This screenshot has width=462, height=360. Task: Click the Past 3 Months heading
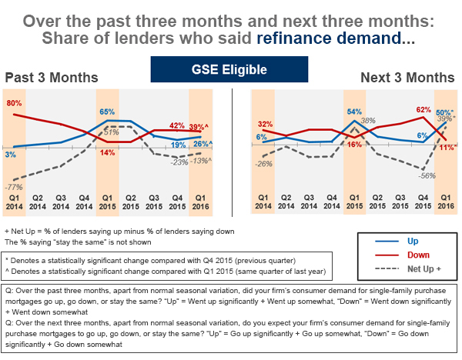coord(52,78)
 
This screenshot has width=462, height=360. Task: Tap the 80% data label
coord(13,103)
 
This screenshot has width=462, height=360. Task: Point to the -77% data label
coord(14,187)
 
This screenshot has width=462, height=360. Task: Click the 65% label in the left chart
coord(107,112)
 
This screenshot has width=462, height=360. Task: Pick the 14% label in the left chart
coord(107,152)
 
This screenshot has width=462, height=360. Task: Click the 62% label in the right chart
coord(423,111)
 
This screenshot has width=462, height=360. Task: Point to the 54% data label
coord(354,112)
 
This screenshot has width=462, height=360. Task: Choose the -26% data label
coord(263,163)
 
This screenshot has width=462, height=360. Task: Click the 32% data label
coord(264,124)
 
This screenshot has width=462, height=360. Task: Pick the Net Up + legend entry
coord(420,268)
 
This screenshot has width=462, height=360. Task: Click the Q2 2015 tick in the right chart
coord(377,201)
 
